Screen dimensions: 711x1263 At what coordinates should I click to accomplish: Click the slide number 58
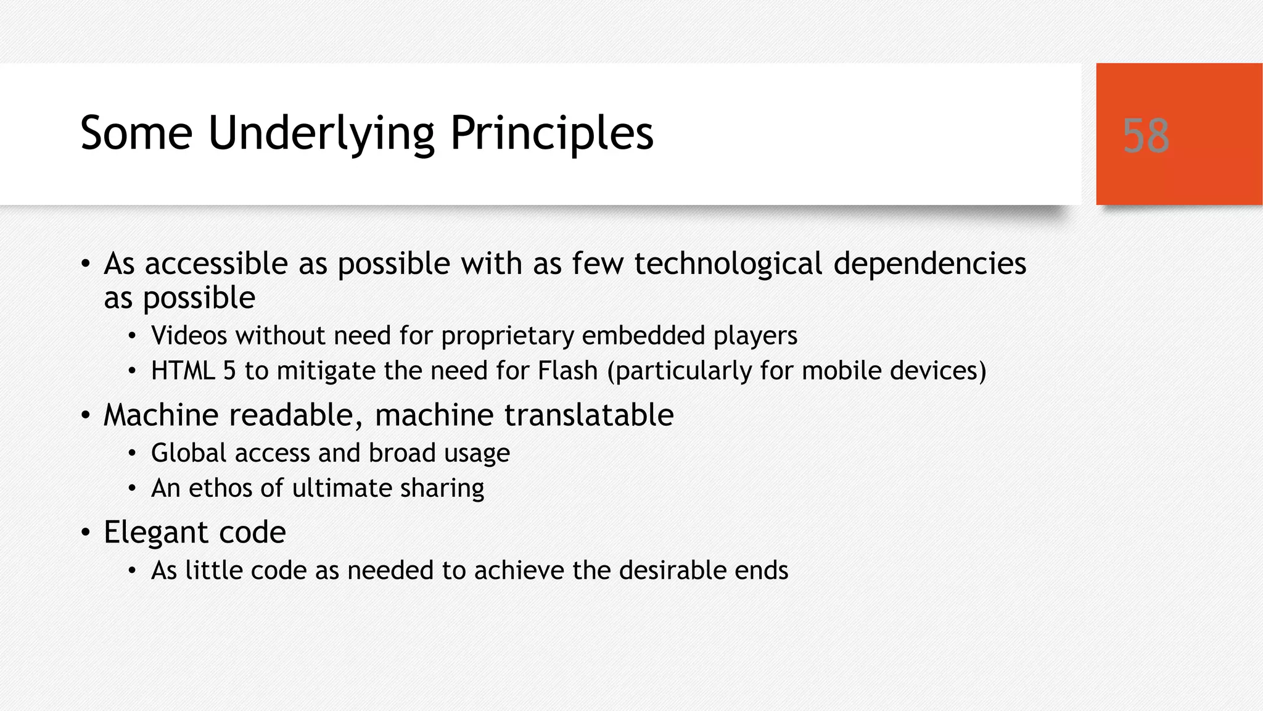[x=1145, y=135]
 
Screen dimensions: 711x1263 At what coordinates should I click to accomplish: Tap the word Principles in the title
[x=551, y=133]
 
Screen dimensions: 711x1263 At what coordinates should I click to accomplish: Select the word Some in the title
[x=136, y=133]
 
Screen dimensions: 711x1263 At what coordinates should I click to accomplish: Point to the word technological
[x=728, y=264]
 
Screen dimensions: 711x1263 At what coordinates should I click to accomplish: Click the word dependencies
[x=929, y=264]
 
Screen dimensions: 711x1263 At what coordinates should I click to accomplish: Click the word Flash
[x=567, y=371]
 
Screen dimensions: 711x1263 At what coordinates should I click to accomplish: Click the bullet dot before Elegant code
[x=86, y=532]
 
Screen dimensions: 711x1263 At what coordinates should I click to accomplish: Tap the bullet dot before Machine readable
[x=86, y=415]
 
